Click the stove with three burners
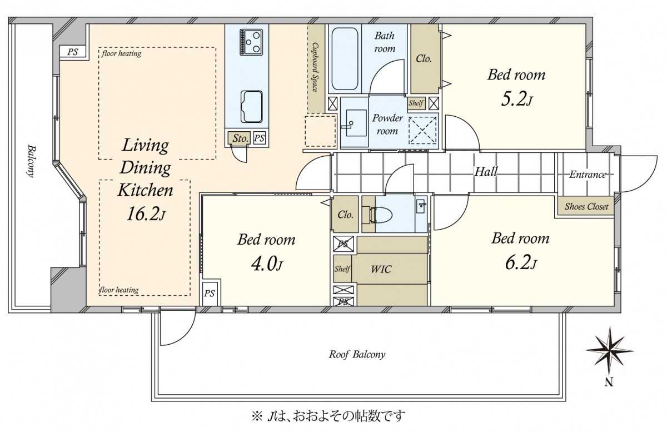251,42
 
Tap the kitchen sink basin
252,107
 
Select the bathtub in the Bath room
345,59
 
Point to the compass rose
609,351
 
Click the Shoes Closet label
586,206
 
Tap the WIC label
381,269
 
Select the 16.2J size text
145,215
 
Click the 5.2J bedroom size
516,100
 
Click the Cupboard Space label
315,67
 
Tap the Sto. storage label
240,138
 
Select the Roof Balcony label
357,354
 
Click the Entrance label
588,174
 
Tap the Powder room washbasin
356,123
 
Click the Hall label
486,172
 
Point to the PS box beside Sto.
259,138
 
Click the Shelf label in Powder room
416,103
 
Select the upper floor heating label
121,53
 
